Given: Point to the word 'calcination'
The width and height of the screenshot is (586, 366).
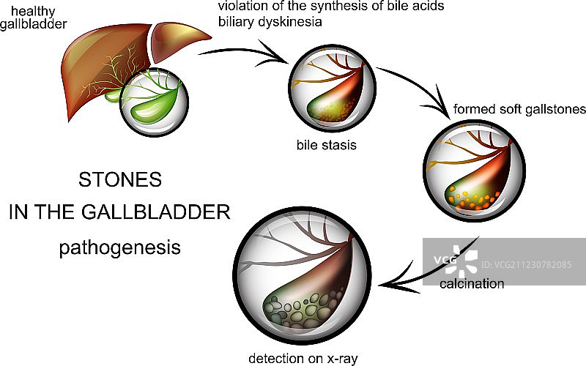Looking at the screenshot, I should tap(472, 283).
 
